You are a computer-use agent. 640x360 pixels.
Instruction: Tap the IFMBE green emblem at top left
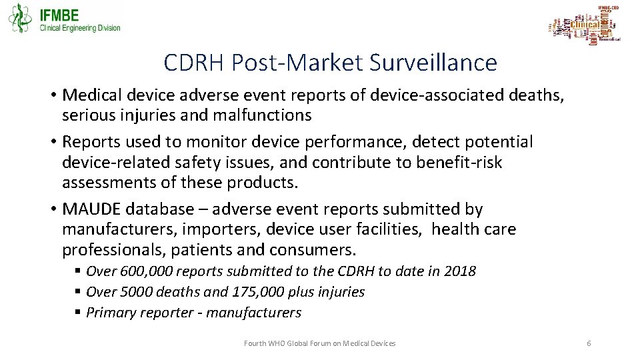(20, 18)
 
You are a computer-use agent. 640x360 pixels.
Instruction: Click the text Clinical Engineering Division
(80, 28)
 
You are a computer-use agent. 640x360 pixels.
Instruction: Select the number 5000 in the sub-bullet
(130, 292)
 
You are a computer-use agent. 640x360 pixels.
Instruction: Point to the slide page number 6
(589, 343)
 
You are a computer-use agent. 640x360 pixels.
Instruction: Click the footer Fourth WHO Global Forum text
(319, 343)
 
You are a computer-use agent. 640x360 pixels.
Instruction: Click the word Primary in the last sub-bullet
(111, 313)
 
